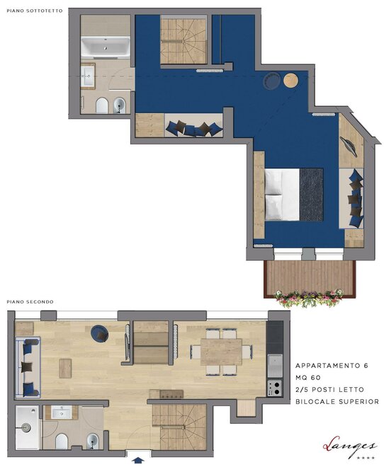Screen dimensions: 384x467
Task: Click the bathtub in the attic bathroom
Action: [x=106, y=47]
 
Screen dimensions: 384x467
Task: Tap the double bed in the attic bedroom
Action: [x=294, y=195]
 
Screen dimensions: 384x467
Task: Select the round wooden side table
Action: [x=290, y=81]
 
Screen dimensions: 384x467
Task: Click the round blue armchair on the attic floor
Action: [x=271, y=81]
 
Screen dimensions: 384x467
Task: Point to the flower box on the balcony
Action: [x=309, y=298]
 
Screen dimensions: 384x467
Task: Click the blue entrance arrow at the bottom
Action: [x=137, y=461]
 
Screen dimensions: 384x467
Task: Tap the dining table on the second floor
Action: [x=221, y=352]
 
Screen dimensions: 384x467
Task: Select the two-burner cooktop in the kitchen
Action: [x=275, y=388]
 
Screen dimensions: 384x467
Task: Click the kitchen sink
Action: [x=275, y=366]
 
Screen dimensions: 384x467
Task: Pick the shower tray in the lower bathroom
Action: [x=27, y=427]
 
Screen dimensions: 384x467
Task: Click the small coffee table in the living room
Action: [x=65, y=369]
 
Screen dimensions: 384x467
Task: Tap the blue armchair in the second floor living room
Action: [x=100, y=334]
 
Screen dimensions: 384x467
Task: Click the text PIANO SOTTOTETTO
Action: [x=35, y=11]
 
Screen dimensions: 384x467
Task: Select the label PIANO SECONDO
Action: [x=30, y=301]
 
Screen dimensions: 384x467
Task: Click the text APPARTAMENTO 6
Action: [x=332, y=365]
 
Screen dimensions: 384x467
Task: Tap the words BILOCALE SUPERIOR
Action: [x=337, y=401]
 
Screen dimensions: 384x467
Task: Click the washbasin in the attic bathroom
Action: [x=88, y=76]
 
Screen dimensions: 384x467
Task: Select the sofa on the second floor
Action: [x=28, y=367]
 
